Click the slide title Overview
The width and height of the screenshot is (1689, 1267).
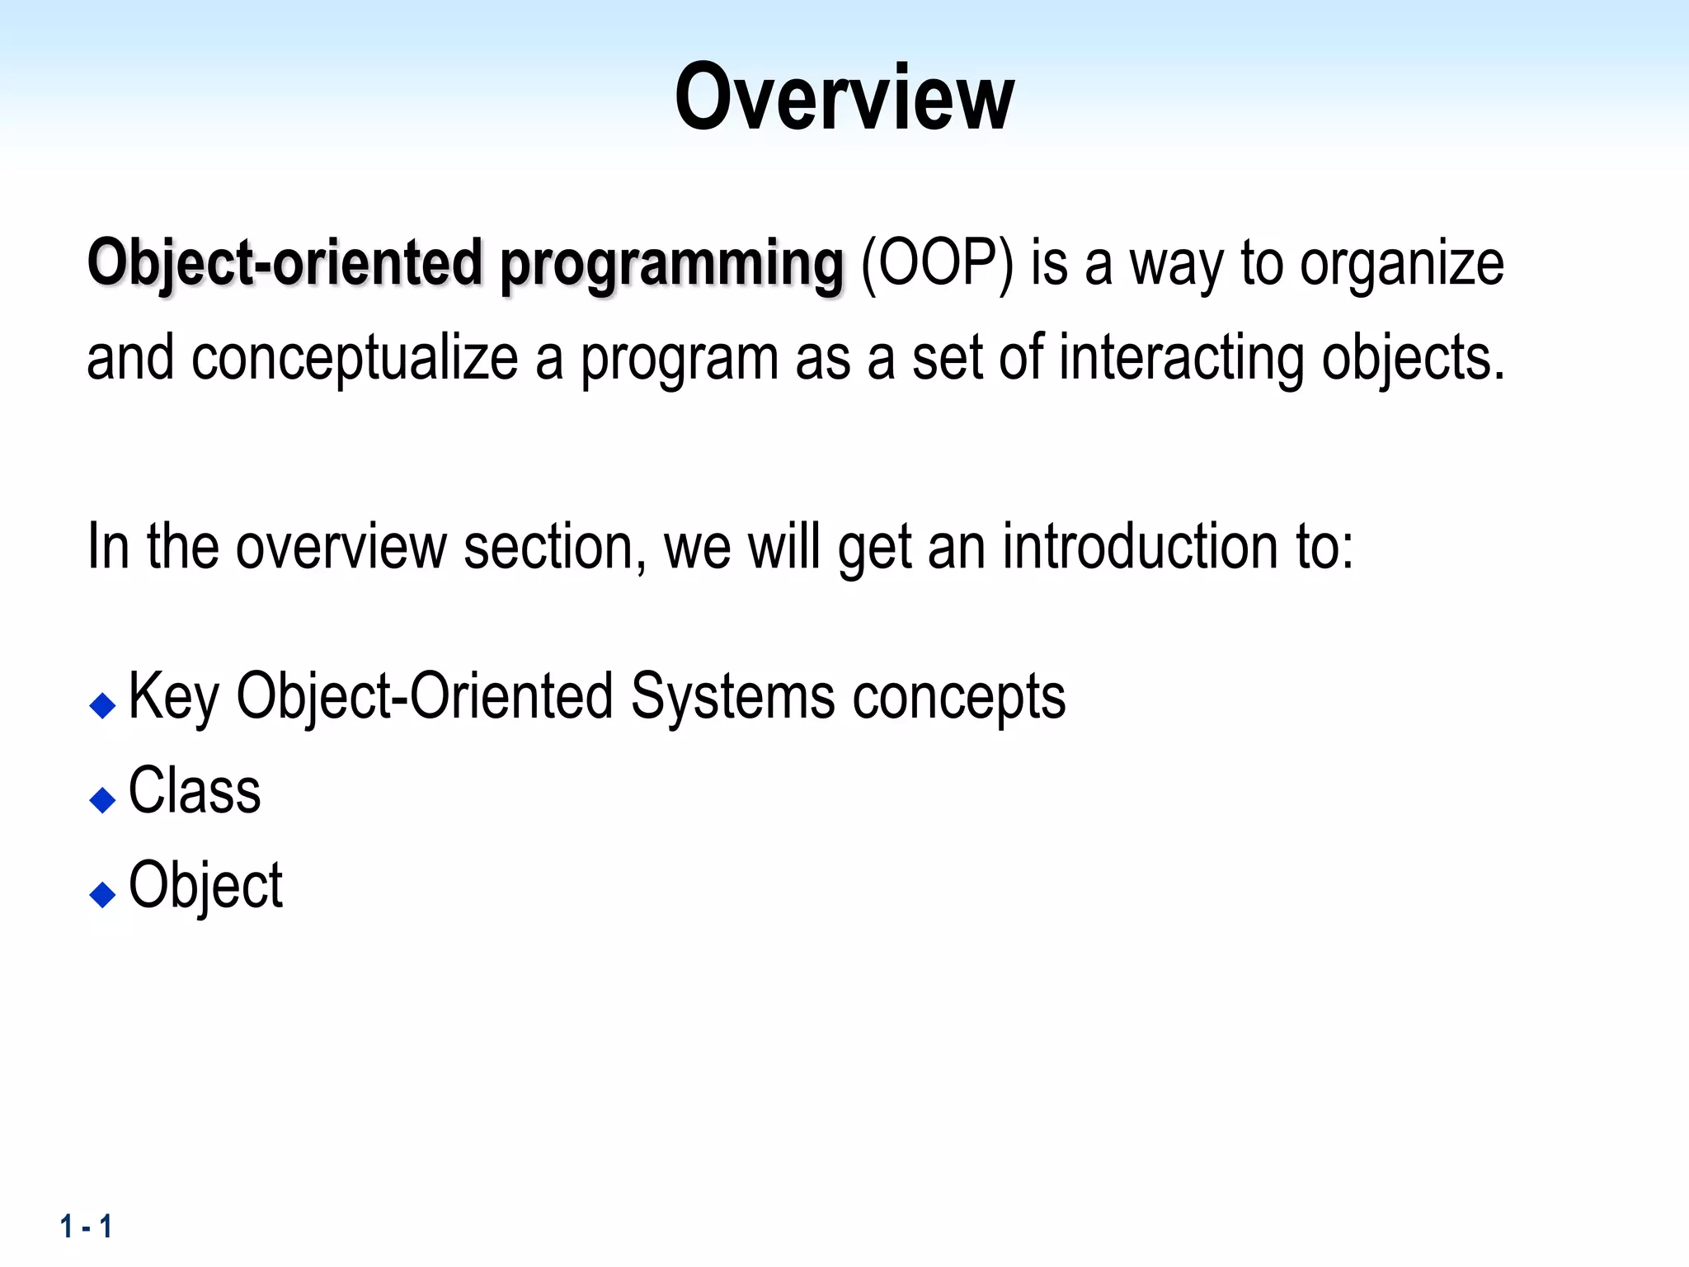844,97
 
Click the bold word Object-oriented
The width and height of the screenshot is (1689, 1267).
285,263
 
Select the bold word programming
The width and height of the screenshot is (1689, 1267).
672,265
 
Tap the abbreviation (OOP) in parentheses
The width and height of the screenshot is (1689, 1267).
937,263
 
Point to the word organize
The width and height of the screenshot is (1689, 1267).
1401,265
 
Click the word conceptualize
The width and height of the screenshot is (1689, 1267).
355,359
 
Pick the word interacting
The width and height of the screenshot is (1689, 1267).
1180,359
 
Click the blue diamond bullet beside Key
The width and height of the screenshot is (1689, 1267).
102,705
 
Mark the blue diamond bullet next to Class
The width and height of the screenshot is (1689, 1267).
102,799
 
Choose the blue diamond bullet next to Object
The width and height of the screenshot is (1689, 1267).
102,894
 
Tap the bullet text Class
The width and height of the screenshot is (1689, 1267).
195,791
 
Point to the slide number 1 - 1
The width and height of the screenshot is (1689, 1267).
86,1227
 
